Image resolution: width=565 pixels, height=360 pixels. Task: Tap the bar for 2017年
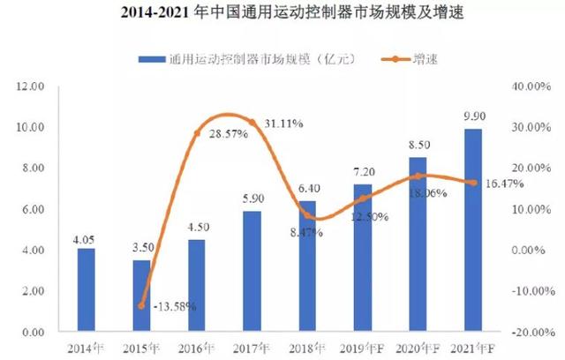point(252,271)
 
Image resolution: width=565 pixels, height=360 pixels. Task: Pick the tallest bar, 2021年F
point(472,229)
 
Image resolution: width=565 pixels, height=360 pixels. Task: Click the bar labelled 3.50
point(141,296)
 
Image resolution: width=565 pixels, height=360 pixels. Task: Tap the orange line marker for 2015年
point(141,305)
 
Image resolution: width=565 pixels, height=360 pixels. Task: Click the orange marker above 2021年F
point(472,184)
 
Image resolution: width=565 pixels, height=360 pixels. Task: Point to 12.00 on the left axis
point(31,86)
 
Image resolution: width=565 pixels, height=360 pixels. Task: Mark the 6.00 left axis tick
point(33,209)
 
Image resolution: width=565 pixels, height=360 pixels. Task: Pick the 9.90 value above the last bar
point(472,116)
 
